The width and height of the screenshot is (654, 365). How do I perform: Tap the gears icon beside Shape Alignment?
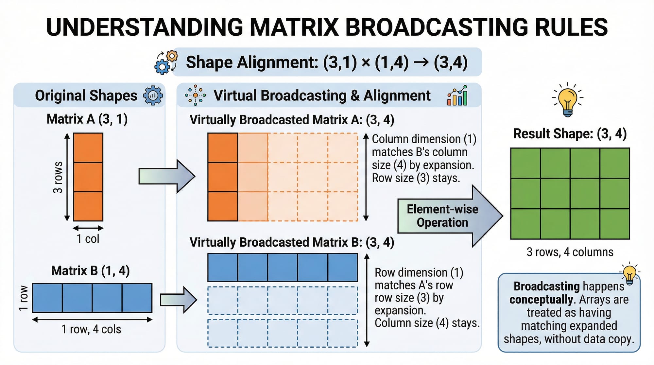pyautogui.click(x=166, y=62)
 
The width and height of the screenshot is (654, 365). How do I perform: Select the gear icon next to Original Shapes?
pyautogui.click(x=153, y=96)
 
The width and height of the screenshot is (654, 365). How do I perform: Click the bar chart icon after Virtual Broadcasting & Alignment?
pyautogui.click(x=457, y=96)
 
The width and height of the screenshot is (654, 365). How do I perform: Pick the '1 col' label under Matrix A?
pyautogui.click(x=88, y=239)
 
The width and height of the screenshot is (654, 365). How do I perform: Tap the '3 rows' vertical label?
pyautogui.click(x=58, y=177)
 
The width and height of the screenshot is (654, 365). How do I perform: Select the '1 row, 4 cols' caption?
pyautogui.click(x=91, y=329)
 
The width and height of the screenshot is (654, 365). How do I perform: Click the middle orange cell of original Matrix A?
pyautogui.click(x=88, y=177)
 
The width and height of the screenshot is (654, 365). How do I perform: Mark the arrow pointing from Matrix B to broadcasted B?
pyautogui.click(x=178, y=300)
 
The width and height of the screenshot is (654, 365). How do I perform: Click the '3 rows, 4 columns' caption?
pyautogui.click(x=570, y=252)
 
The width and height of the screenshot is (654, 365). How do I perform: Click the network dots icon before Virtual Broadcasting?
pyautogui.click(x=195, y=96)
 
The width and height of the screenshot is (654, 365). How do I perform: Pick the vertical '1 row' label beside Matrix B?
pyautogui.click(x=23, y=298)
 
